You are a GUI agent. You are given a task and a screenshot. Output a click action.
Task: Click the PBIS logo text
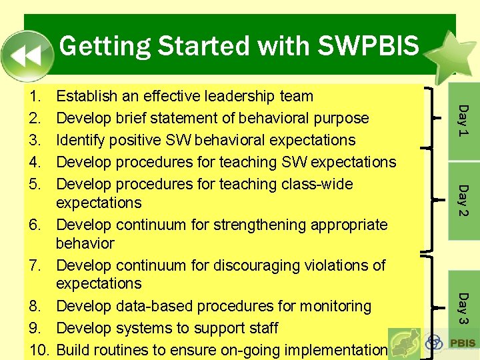tap(463, 343)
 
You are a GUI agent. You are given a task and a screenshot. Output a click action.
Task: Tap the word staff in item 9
tap(264, 328)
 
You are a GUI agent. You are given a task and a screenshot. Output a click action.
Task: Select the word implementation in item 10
tap(335, 350)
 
